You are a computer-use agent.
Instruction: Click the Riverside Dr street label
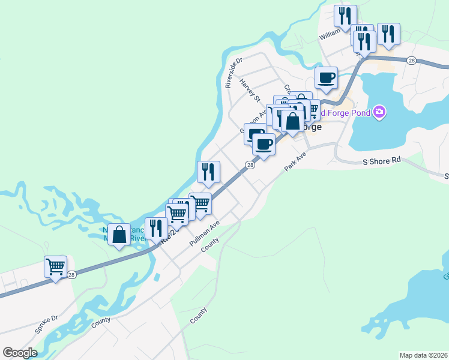coord(234,73)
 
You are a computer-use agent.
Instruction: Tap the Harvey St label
coord(249,90)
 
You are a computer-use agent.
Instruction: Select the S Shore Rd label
coord(381,161)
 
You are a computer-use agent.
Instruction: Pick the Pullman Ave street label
coord(204,233)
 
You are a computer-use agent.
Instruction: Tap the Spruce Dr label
coord(46,325)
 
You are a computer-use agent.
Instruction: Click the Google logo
coord(20,353)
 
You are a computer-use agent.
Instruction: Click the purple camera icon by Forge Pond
coord(379,112)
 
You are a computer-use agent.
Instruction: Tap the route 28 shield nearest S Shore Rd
coord(411,60)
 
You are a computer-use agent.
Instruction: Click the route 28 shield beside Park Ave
coord(250,165)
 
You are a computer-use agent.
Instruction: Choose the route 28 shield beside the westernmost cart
coord(71,274)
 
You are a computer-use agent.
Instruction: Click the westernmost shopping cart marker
coord(55,266)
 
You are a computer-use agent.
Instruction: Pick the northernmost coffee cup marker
coord(326,77)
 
